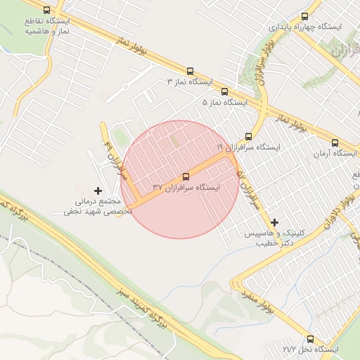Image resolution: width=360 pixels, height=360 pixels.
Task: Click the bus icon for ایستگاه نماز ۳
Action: coord(190,71)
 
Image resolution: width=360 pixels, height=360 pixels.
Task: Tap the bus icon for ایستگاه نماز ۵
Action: coord(225,91)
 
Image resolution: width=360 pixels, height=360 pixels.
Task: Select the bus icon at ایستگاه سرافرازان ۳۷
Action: coord(186,176)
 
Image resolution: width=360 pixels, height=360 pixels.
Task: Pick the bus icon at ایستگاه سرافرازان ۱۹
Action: coord(248,136)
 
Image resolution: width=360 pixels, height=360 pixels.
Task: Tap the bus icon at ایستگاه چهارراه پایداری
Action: coord(304,15)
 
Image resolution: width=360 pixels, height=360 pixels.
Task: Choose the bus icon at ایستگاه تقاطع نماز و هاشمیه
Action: coord(46,11)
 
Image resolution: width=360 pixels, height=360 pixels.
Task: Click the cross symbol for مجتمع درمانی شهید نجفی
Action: coord(98,191)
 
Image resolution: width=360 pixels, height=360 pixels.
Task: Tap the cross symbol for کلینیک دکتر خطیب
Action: coord(274,222)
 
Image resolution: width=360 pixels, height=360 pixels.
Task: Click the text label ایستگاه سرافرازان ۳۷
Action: coord(186,188)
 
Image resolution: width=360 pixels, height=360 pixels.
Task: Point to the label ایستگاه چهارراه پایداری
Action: coord(305,27)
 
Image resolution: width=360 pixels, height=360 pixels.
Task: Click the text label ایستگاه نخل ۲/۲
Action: coord(309,349)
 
